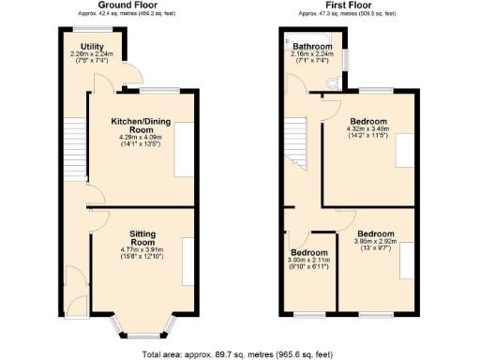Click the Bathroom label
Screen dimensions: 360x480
click(312, 46)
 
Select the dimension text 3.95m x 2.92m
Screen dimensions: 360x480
click(381, 241)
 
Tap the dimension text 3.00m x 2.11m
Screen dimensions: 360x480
click(307, 262)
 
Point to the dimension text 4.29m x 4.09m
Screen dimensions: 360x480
click(140, 140)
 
